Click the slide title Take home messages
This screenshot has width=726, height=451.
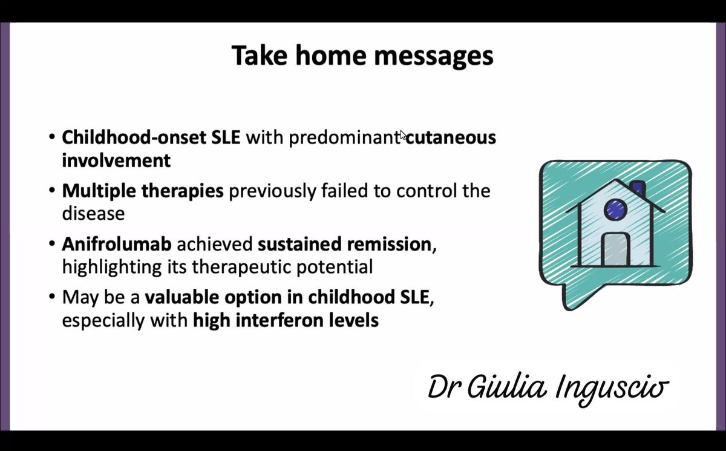point(362,56)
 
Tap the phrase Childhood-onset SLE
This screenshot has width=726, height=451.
point(151,138)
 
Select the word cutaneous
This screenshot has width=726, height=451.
point(451,138)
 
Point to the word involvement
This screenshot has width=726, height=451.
point(116,161)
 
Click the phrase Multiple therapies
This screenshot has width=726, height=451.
point(143,191)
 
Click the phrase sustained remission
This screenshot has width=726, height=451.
point(342,245)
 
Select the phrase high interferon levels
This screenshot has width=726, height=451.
point(286,320)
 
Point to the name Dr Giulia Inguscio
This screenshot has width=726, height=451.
point(548,386)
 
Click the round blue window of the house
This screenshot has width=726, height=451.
point(614,209)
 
